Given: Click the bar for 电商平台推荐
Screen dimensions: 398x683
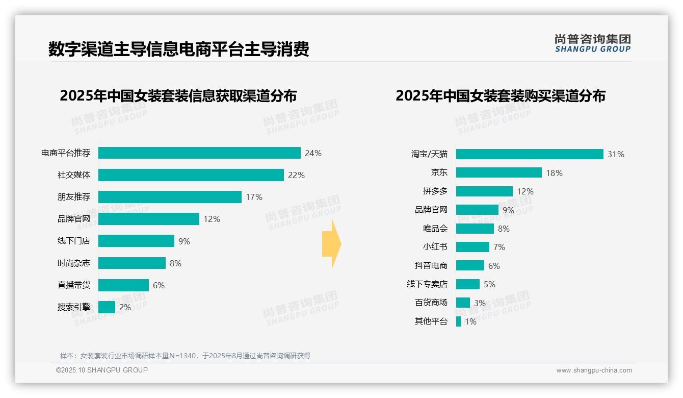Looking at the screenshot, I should point(199,153).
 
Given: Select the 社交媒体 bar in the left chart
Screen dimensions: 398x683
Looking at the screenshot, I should point(191,175).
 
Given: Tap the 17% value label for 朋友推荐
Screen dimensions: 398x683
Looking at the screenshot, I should point(254,197).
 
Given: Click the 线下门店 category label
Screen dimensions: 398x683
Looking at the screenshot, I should point(73,241).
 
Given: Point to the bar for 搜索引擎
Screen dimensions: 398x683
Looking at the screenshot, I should point(107,307).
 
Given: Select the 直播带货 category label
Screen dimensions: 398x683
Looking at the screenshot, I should point(73,285).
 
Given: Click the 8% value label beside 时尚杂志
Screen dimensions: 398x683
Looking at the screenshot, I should point(175,263).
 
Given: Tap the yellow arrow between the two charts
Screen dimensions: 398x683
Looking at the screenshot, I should point(331,244).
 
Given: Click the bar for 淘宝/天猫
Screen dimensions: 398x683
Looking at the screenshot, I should point(530,154).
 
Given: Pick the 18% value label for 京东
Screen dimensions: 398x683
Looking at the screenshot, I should point(554,173).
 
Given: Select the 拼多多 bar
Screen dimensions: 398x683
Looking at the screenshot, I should point(484,191).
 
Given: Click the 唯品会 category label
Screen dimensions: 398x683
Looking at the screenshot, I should point(435,229).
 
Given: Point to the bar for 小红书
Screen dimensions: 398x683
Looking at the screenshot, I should point(472,247).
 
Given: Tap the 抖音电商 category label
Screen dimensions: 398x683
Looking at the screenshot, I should point(431,265).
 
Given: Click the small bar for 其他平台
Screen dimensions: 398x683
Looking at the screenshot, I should point(458,321).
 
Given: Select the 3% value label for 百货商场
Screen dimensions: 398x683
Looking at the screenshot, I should point(480,303).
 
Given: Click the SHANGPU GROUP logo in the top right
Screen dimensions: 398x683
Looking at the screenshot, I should point(592,43).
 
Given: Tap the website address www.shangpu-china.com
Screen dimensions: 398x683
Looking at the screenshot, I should point(594,370).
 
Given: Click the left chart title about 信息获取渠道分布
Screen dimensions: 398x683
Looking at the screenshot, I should point(178,96).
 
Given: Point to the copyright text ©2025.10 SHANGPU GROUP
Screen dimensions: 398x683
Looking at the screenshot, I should point(101,370).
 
